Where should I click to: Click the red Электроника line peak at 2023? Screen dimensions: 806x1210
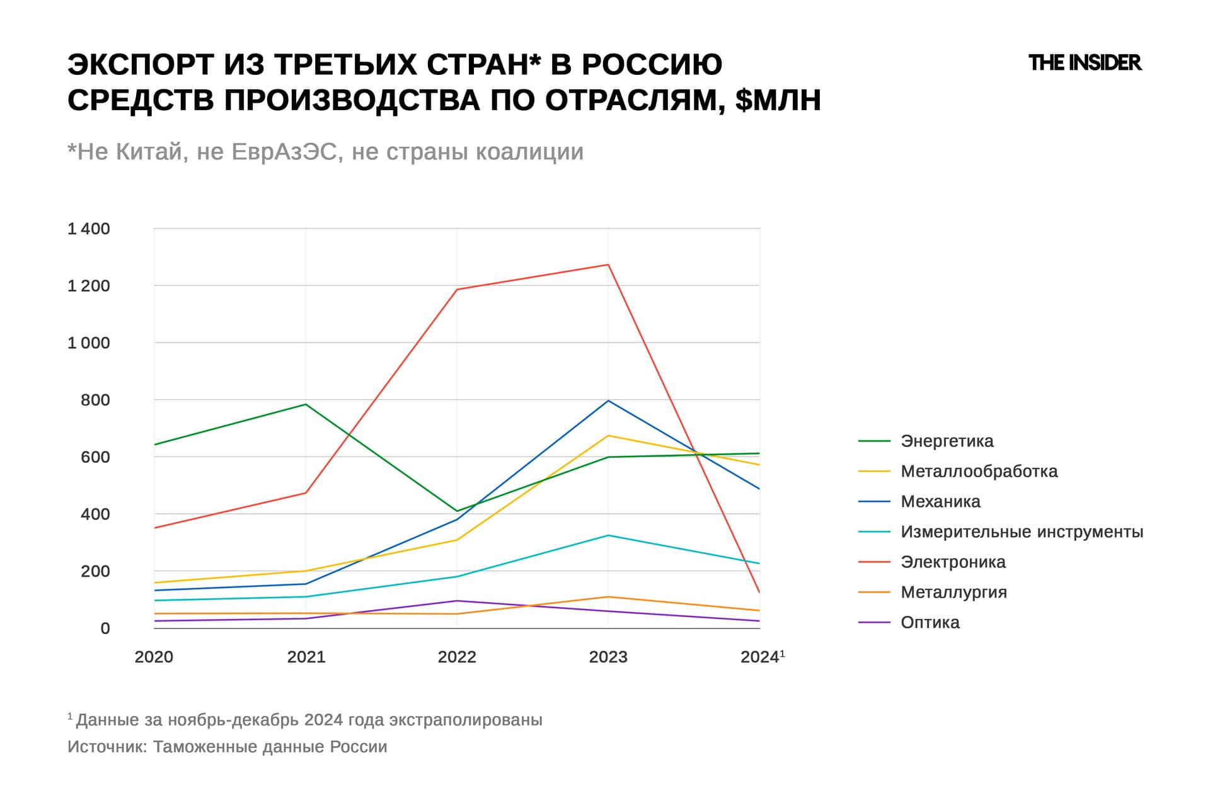coord(608,264)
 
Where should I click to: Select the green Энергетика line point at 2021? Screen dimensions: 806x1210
coord(306,404)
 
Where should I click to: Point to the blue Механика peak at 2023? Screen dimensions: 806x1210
coord(608,400)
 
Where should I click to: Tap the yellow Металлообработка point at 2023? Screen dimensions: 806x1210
coord(608,436)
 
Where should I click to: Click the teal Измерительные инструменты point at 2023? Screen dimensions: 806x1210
coord(608,535)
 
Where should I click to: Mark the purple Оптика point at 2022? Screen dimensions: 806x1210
coord(457,601)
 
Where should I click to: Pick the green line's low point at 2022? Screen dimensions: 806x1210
coord(457,511)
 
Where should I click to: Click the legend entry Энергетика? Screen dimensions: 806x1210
coord(947,441)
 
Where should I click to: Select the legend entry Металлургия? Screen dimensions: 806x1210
coord(954,592)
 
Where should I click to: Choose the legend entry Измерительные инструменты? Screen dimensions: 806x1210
coord(1021,531)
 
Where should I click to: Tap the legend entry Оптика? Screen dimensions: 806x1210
coord(930,622)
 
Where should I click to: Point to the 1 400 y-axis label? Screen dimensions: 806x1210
coord(89,229)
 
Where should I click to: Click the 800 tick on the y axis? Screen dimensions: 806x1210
coord(95,400)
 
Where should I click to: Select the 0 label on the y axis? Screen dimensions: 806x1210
coord(105,628)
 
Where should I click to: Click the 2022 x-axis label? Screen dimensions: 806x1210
coord(457,657)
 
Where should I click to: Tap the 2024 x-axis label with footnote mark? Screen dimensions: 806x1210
coord(761,657)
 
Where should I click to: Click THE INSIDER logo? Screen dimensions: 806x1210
coord(1085,63)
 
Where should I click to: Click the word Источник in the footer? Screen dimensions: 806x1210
coord(107,747)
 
